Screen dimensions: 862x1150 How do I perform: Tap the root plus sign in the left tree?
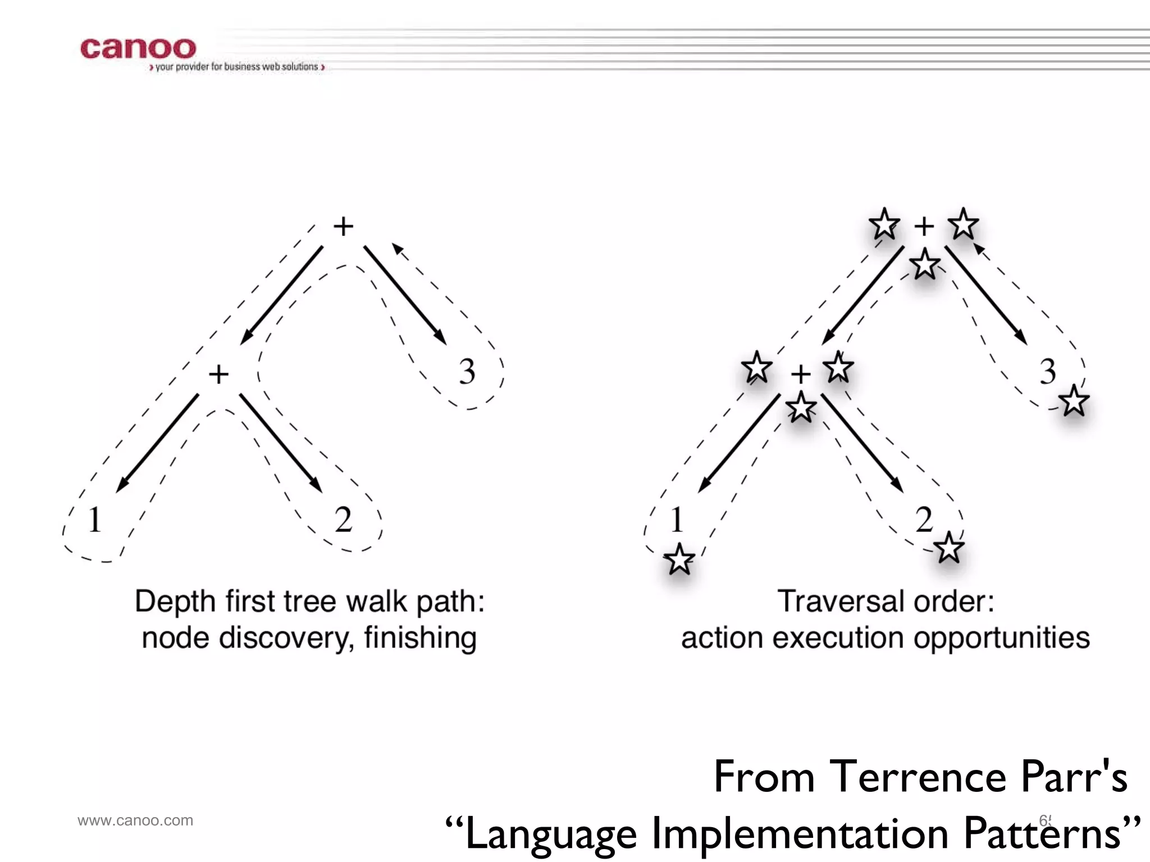tap(344, 227)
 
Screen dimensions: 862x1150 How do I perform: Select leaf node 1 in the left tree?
tap(94, 520)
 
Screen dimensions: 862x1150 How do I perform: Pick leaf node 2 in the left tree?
tap(343, 520)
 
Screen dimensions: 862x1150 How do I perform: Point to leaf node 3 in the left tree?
tap(467, 372)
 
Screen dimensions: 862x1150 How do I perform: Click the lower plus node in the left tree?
tap(218, 374)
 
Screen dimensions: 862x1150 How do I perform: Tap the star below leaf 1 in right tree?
tap(679, 559)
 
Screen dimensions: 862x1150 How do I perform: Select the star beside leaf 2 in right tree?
tap(949, 548)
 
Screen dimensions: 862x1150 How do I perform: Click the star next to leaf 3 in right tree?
tap(1074, 401)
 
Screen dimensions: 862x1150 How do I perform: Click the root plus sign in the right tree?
tap(924, 227)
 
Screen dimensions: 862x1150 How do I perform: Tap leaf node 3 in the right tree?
tap(1048, 372)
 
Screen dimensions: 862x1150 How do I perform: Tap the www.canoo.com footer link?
tap(135, 820)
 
